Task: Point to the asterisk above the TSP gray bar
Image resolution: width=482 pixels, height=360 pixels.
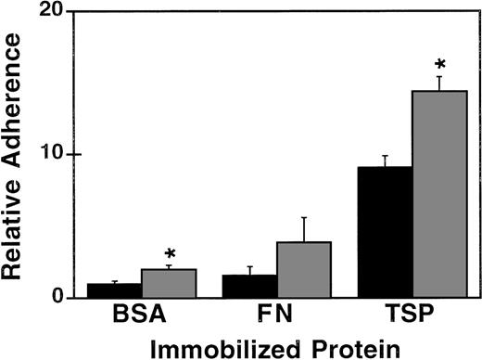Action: click(x=439, y=64)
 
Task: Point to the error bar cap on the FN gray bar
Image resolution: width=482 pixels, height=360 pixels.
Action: click(x=301, y=217)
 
